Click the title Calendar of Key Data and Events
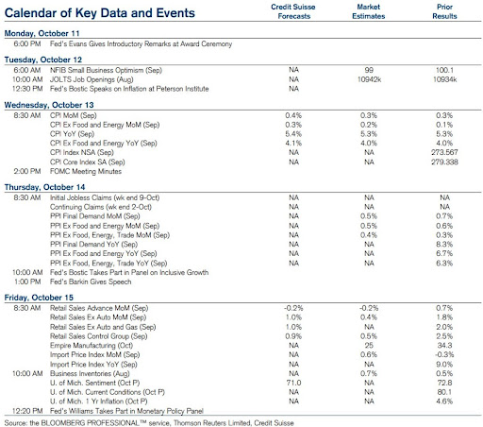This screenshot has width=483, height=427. (100, 13)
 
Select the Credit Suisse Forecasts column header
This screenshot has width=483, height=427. (293, 11)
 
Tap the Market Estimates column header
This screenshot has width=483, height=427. (369, 11)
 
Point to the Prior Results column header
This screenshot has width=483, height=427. (444, 11)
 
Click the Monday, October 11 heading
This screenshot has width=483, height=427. (42, 33)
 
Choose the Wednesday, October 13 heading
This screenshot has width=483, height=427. (49, 105)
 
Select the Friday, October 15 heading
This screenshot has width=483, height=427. (39, 298)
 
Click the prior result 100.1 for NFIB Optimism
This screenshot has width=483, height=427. (444, 70)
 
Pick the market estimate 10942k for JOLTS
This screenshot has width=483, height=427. (369, 79)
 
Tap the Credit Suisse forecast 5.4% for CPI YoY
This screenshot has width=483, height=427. (293, 134)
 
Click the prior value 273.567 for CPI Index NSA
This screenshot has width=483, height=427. (444, 152)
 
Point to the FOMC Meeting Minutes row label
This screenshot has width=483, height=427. (86, 171)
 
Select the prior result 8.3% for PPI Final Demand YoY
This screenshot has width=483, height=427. (444, 245)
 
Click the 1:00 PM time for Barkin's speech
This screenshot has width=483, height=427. (27, 282)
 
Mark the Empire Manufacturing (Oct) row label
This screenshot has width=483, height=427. (92, 346)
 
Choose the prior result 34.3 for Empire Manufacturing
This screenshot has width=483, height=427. (444, 346)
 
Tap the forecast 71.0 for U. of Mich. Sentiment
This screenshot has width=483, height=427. (293, 383)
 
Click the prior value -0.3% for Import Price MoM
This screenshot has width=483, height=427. (444, 355)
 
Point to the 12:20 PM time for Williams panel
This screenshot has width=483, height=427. (27, 411)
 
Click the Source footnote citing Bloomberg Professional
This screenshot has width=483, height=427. (149, 423)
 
